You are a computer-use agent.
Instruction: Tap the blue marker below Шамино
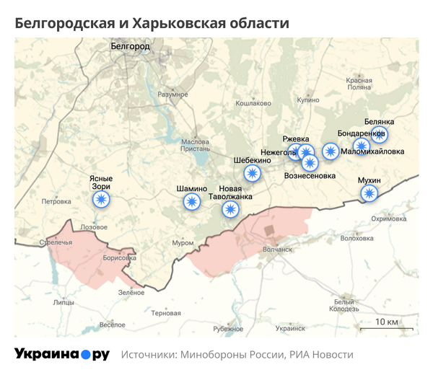(x=192, y=202)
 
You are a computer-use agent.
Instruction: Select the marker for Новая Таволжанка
(x=230, y=209)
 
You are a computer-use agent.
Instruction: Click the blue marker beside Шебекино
(x=252, y=173)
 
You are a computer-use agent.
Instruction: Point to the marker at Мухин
(x=369, y=193)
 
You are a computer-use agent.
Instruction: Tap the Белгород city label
(x=130, y=46)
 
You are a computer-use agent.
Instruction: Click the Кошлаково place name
(x=253, y=103)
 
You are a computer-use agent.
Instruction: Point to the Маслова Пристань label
(x=195, y=145)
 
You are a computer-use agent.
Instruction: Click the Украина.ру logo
(x=62, y=354)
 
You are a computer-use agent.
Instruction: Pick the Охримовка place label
(x=389, y=219)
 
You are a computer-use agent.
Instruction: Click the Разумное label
(x=172, y=94)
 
